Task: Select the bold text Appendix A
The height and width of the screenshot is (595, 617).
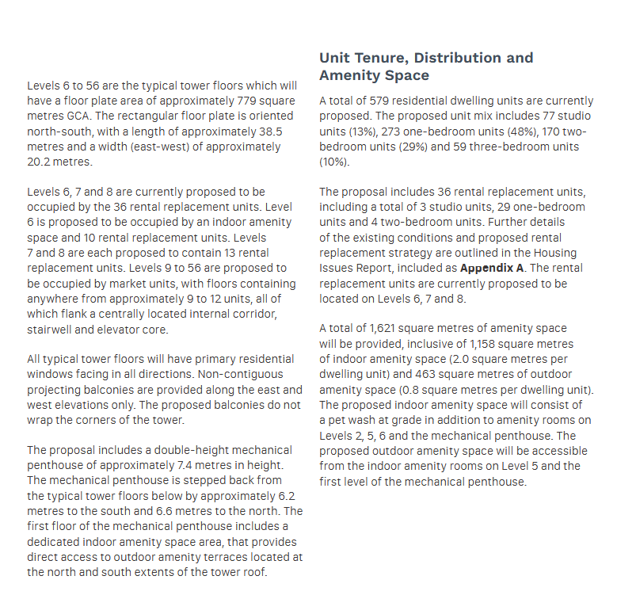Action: pyautogui.click(x=494, y=268)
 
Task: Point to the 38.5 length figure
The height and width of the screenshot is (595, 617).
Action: pyautogui.click(x=283, y=132)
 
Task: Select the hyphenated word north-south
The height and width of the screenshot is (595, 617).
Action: pyautogui.click(x=60, y=132)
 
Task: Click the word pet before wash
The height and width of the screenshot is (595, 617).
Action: pyautogui.click(x=341, y=420)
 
